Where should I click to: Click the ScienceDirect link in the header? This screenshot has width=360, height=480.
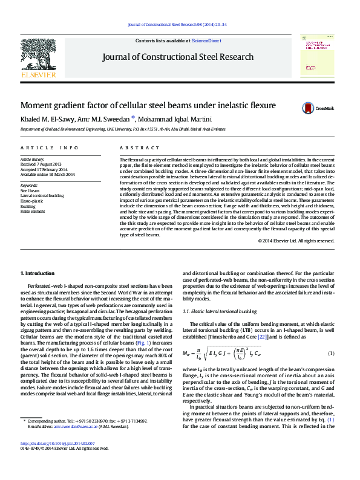206,41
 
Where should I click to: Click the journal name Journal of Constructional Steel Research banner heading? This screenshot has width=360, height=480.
178,57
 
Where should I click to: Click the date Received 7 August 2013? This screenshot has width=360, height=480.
41,164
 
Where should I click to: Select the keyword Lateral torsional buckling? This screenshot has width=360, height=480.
42,196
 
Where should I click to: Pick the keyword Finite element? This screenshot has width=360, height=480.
33,212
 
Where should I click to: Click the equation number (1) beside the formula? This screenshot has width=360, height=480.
331,352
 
